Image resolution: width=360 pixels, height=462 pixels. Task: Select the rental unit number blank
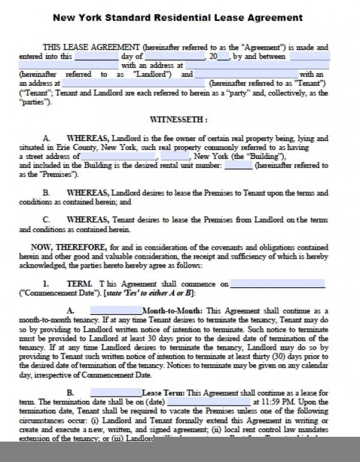point(238,165)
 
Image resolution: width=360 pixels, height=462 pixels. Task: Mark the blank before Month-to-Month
point(115,311)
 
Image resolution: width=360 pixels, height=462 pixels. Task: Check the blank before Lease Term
point(115,392)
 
